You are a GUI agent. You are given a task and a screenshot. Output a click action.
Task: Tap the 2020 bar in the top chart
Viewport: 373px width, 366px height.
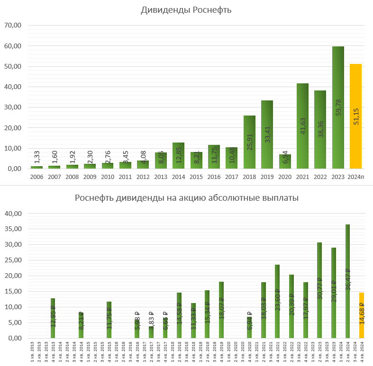[x=285, y=161]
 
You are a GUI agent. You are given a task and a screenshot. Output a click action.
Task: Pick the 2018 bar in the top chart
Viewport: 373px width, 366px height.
[x=249, y=142]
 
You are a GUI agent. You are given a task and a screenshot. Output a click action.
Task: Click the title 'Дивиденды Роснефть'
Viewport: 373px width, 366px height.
[x=186, y=10]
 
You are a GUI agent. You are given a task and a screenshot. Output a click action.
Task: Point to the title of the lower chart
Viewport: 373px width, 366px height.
[x=186, y=198]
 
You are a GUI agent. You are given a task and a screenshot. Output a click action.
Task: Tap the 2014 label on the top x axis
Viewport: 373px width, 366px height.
[x=178, y=177]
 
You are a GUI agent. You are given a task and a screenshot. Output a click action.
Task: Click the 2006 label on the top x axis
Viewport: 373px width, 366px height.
[x=36, y=177]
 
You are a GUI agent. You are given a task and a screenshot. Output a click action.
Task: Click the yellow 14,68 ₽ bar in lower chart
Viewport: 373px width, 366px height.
[x=362, y=315]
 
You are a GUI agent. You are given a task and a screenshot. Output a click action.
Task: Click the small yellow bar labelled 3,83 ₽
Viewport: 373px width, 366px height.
[x=151, y=332]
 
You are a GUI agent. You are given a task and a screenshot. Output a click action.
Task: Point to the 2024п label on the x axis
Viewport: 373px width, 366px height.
[x=355, y=177]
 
